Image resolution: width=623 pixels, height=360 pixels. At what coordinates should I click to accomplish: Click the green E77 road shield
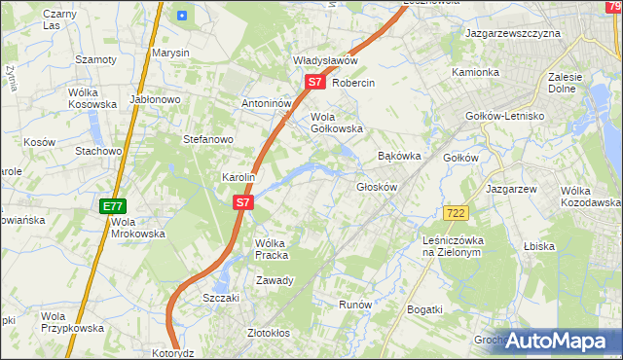tap(113, 206)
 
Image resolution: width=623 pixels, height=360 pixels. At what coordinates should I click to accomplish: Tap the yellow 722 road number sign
tap(455, 212)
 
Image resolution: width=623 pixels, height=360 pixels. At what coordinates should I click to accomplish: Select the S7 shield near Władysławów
tap(314, 83)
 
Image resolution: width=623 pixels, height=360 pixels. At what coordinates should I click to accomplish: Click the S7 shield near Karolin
tap(243, 203)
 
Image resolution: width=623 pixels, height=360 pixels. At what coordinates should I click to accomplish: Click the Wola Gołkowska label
tap(336, 123)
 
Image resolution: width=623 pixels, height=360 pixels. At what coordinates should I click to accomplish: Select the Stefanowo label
tap(208, 139)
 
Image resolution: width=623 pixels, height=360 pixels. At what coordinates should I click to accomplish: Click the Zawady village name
tap(275, 280)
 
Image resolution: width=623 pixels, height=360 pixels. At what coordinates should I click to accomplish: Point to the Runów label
tap(355, 305)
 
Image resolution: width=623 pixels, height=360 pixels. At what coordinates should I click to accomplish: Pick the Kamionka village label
tap(475, 73)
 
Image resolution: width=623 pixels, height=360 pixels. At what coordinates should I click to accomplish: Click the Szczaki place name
tap(221, 298)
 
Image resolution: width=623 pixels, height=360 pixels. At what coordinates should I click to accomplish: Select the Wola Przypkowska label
tap(73, 322)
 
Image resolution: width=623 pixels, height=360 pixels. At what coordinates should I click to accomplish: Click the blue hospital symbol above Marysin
tap(182, 15)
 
